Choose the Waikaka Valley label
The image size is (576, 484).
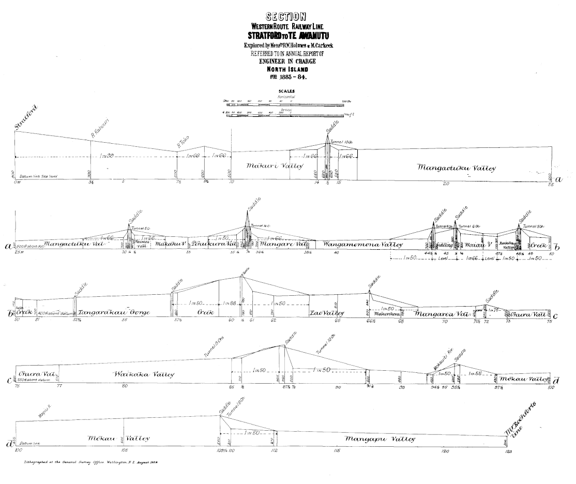143,374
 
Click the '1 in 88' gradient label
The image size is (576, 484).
229,303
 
